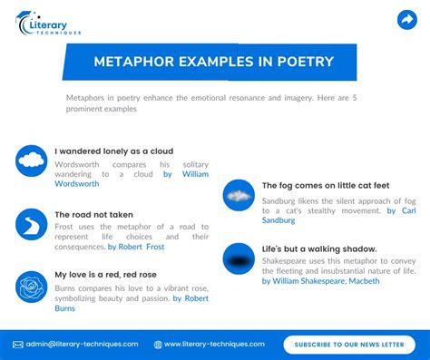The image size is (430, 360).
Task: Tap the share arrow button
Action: [x=406, y=20]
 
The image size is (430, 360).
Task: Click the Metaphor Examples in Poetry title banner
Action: [x=214, y=62]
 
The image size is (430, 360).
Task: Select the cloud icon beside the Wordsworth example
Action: [x=31, y=161]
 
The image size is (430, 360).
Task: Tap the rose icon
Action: [x=31, y=287]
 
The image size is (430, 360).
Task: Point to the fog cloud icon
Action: [x=239, y=195]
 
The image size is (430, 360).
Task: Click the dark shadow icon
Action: [x=239, y=258]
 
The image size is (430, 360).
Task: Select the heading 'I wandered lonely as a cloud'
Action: [x=113, y=151]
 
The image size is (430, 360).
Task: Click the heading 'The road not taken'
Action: [x=93, y=215]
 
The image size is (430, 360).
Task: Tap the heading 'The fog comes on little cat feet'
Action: [x=326, y=185]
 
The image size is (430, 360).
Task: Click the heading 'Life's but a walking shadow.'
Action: [x=319, y=248]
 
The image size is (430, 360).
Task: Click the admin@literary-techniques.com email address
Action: [x=82, y=344]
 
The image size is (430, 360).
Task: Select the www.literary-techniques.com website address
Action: [x=214, y=344]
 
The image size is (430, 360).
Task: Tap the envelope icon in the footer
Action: [x=18, y=345]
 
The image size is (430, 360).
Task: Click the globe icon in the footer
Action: [x=158, y=345]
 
